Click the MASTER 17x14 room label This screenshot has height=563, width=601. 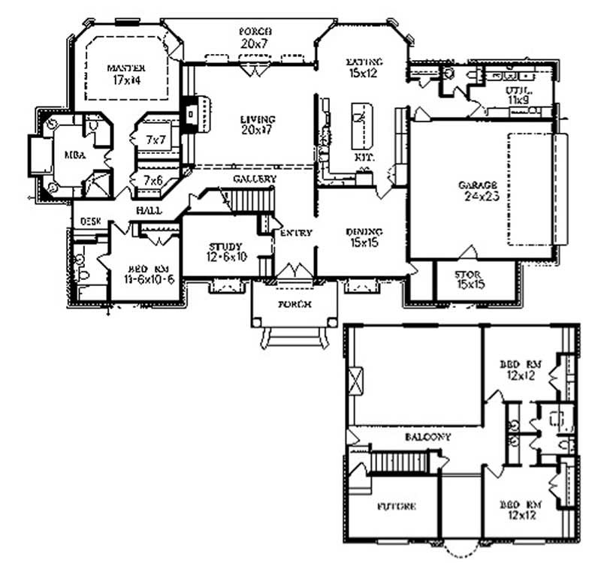click(125, 71)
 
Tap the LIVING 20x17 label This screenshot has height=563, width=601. click(258, 125)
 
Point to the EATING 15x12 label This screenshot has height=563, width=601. click(364, 67)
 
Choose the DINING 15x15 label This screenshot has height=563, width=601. click(364, 237)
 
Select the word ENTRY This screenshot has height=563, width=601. click(295, 233)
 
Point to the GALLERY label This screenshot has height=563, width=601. click(254, 179)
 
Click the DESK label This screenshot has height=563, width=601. click(89, 222)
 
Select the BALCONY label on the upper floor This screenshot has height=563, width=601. click(427, 436)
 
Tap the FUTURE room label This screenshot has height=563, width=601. click(397, 506)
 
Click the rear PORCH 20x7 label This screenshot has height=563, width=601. click(255, 38)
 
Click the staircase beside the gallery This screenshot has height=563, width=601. click(250, 201)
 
